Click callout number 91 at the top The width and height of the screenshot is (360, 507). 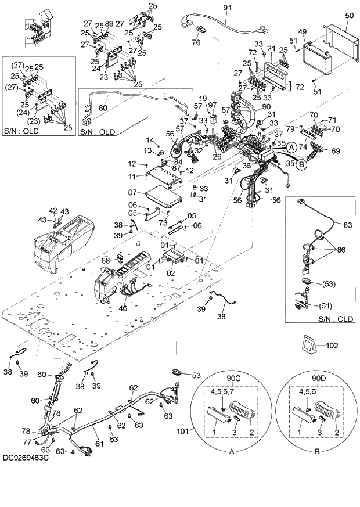click(227, 7)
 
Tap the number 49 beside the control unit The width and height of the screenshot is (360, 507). click(302, 32)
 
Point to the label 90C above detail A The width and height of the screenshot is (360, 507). click(233, 379)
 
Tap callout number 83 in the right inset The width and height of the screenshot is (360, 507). click(347, 225)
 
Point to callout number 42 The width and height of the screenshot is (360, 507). click(53, 210)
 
